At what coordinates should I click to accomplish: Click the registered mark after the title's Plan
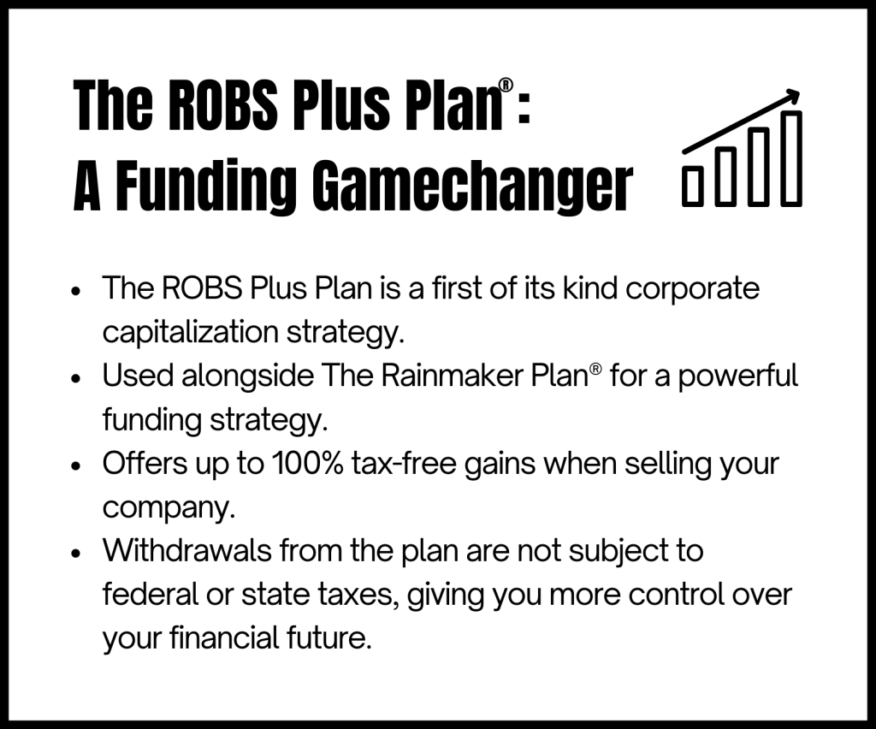pos(506,85)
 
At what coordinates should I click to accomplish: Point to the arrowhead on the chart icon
pos(791,98)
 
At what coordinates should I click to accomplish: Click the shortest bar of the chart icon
pos(693,186)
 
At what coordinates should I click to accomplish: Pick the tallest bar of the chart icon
pos(790,158)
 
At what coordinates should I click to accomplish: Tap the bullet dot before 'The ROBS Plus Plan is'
pos(76,291)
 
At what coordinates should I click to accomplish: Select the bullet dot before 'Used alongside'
pos(76,378)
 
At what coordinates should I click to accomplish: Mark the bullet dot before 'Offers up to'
pos(76,465)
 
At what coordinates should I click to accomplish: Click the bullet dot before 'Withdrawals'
pos(76,553)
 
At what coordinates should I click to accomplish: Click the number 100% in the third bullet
pos(307,463)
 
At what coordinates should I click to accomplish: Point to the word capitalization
pos(191,333)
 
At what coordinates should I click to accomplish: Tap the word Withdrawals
pos(187,550)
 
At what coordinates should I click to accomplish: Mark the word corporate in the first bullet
pos(692,290)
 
